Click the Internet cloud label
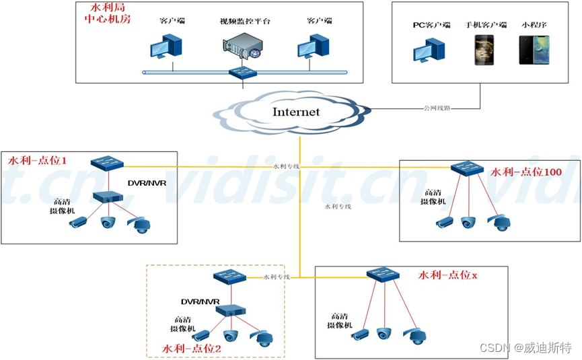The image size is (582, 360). [x=295, y=112]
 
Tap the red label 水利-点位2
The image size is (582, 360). [x=192, y=348]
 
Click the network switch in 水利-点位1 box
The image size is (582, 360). [x=108, y=163]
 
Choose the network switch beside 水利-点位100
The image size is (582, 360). [x=468, y=168]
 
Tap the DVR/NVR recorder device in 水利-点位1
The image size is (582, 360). [x=108, y=196]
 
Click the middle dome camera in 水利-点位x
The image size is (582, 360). [x=384, y=332]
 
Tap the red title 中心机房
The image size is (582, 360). [x=106, y=20]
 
